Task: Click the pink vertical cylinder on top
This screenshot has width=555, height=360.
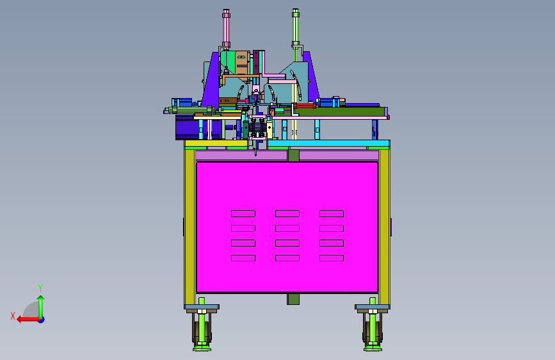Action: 226,28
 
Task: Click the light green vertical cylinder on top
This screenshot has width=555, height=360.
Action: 296,28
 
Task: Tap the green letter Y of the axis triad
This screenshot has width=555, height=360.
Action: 40,288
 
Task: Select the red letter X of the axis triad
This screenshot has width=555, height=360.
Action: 13,316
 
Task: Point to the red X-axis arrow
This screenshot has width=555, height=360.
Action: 28,320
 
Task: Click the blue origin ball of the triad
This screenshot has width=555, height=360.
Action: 42,320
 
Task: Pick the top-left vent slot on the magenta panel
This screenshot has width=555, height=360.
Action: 243,214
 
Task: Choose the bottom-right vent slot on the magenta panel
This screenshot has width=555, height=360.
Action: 332,258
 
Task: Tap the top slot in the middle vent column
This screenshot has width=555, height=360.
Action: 287,214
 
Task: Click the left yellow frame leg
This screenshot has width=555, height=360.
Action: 189,227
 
